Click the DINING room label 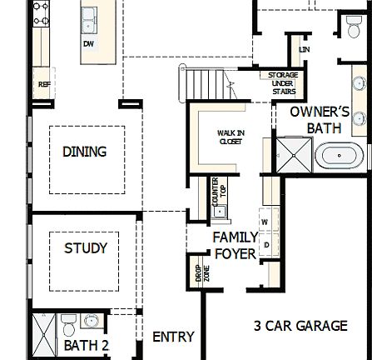(86, 152)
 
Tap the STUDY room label (86, 248)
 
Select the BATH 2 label (87, 344)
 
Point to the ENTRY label (172, 337)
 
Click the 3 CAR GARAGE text (300, 326)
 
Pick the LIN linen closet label (304, 50)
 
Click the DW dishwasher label (89, 44)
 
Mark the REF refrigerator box (42, 83)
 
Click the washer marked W (265, 222)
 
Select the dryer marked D (266, 245)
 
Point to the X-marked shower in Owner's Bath (293, 155)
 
